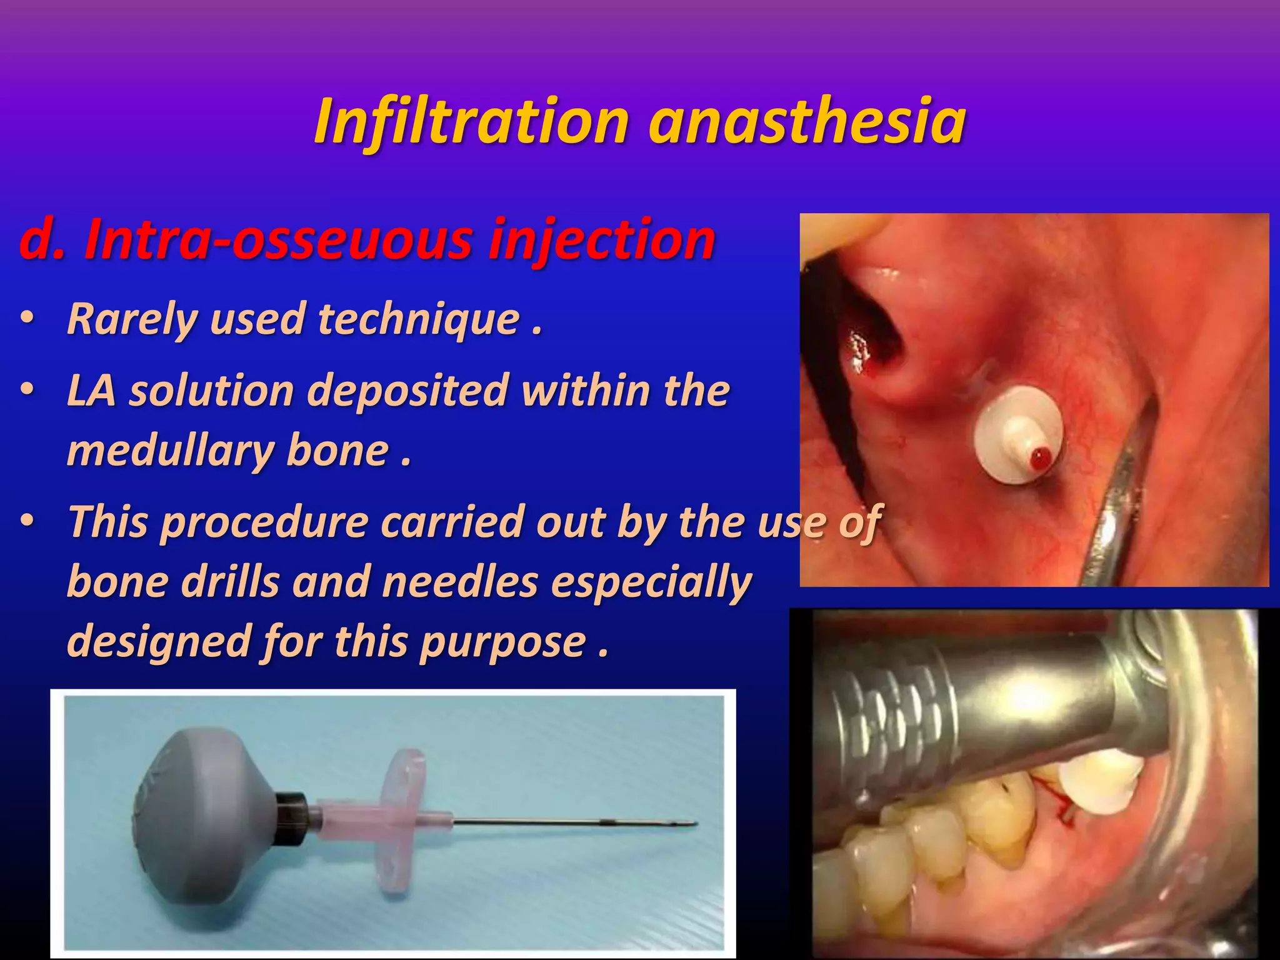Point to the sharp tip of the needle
[x=695, y=823]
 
